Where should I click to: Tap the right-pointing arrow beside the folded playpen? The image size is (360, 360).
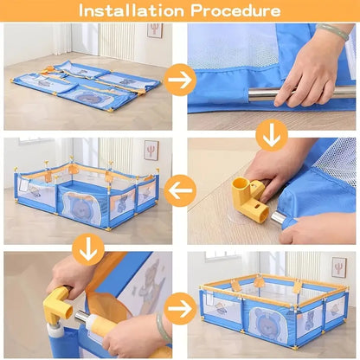click(179, 80)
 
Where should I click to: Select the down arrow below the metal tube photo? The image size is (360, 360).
click(272, 133)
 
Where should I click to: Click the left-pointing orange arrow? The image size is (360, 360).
click(180, 190)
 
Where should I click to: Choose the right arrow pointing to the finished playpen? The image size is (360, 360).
click(179, 307)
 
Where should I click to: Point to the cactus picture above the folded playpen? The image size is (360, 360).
click(155, 31)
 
